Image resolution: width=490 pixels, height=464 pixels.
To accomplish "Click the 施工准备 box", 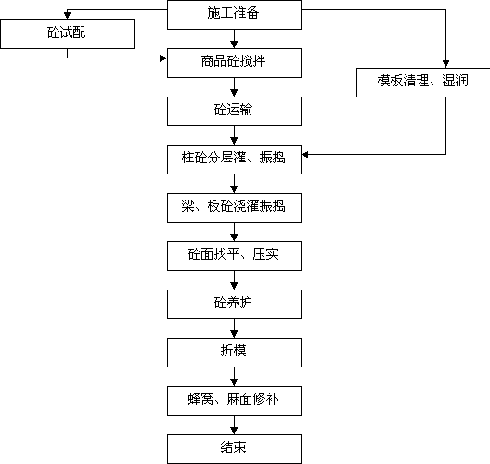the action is [234, 15].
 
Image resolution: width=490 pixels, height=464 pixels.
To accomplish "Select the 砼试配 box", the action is [67, 34].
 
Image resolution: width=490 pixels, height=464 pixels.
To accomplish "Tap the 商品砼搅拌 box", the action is [234, 63].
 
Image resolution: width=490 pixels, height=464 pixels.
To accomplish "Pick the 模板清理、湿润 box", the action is [423, 83].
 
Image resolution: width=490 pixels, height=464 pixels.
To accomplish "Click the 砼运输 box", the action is [234, 111].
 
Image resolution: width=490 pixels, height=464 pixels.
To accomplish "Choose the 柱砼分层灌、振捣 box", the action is [234, 160].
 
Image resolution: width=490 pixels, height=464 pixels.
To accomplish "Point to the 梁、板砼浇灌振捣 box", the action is [234, 208].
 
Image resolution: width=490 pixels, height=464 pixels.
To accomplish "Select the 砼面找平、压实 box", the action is [234, 256].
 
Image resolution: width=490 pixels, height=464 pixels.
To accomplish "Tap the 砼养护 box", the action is [234, 304].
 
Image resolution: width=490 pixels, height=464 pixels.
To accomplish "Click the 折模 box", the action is [234, 353].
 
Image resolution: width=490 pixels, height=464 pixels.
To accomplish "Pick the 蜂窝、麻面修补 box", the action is [234, 401].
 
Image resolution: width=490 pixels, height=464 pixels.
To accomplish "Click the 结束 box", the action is [234, 449].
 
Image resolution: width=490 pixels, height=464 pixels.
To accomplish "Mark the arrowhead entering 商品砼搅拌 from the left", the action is [163, 58].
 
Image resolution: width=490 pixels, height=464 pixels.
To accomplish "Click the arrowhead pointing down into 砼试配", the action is [67, 16].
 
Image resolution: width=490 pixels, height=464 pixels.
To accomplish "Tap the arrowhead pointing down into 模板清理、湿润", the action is [446, 64].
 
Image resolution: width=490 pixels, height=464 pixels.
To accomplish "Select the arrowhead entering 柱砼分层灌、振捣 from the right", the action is [305, 154].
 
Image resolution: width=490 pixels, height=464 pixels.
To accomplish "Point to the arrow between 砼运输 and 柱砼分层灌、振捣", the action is [234, 135].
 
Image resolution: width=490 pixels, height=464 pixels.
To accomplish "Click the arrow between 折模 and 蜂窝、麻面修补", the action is [234, 377].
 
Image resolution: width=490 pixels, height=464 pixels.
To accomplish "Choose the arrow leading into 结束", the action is [234, 425].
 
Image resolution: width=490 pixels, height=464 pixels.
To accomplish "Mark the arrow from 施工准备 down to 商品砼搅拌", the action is [234, 39].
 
